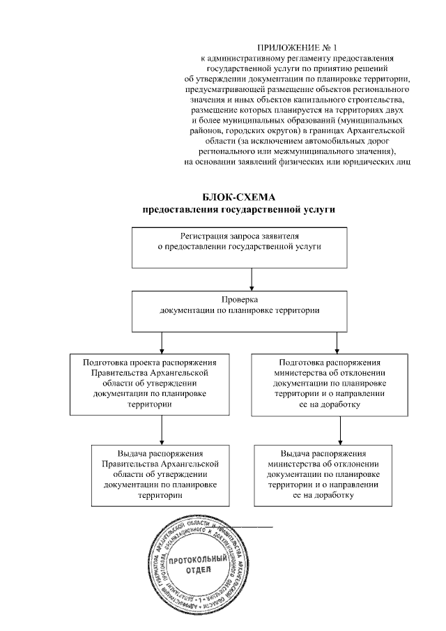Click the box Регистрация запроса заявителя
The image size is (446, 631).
pos(251,248)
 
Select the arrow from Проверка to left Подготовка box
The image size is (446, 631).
pos(162,342)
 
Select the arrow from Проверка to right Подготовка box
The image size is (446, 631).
pos(338,342)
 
